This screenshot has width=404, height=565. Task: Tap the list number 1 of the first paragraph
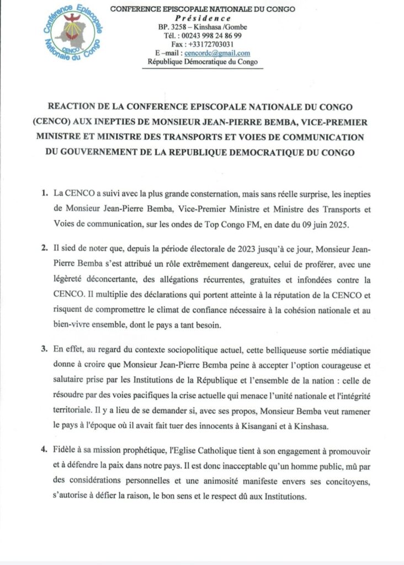(x=44, y=194)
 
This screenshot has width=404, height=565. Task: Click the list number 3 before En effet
(x=44, y=351)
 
